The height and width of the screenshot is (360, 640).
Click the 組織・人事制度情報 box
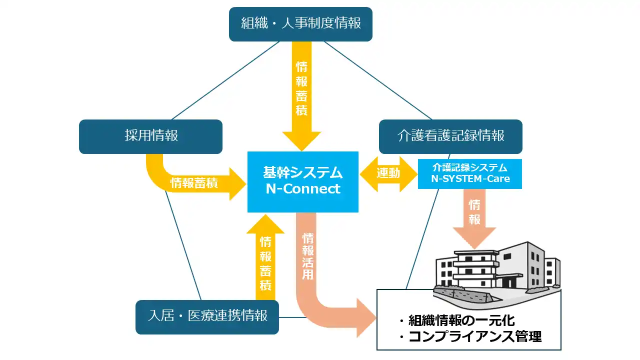click(300, 24)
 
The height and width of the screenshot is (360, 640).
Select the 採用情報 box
click(150, 136)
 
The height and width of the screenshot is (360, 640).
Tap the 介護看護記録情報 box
click(450, 136)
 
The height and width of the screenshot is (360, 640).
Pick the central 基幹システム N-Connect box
click(303, 181)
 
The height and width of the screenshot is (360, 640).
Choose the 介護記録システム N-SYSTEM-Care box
click(469, 173)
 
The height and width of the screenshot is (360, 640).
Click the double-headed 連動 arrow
click(388, 173)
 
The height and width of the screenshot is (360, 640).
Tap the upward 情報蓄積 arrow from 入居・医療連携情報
click(265, 260)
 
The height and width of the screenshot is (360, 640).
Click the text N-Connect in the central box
click(303, 189)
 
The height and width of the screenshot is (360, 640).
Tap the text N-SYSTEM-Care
click(470, 178)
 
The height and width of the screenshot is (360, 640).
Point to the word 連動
click(388, 173)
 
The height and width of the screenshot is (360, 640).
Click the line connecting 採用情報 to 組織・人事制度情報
click(225, 80)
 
